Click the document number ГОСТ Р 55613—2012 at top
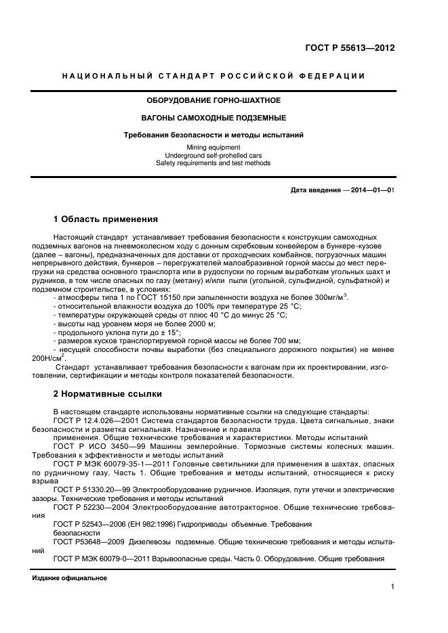(x=350, y=48)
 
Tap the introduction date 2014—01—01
(x=371, y=191)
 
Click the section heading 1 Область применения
(x=105, y=219)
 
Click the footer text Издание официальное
(x=70, y=578)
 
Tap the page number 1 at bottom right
(x=392, y=587)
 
